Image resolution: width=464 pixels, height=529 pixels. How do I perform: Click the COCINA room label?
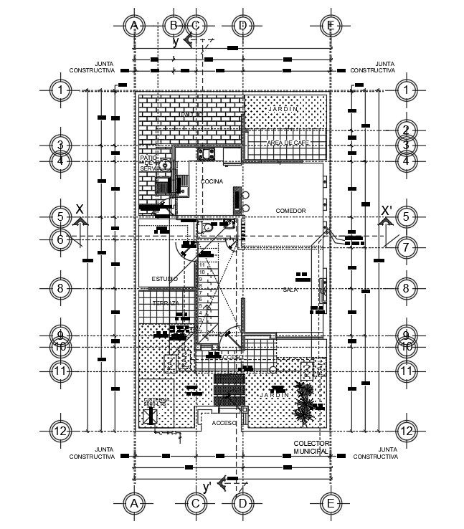[x=212, y=181]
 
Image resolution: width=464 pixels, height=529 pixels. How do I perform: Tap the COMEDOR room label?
[x=290, y=211]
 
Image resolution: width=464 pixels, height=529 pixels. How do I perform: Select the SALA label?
[x=289, y=289]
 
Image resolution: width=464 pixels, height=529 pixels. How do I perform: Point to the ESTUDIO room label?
[x=165, y=278]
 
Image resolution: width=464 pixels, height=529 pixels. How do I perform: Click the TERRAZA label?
[x=165, y=303]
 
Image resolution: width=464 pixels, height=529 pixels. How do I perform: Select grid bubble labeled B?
[x=173, y=25]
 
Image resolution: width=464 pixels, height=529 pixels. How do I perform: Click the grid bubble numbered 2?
[x=406, y=130]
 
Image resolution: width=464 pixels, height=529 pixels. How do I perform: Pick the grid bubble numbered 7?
[x=406, y=247]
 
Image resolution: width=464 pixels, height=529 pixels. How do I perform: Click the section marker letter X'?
[x=387, y=211]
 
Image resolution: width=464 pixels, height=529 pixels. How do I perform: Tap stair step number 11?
[x=203, y=265]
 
